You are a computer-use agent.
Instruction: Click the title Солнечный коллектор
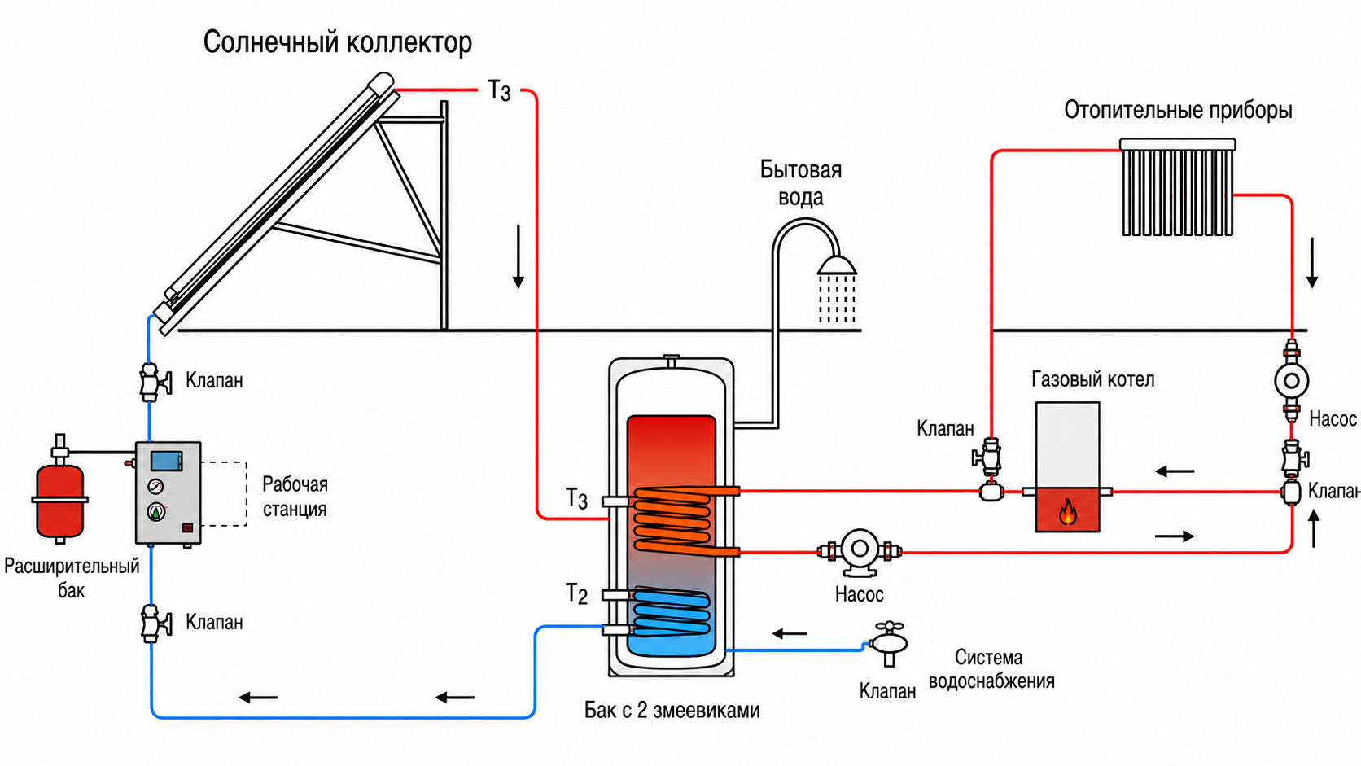(337, 43)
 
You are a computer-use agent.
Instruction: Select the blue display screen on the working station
(167, 461)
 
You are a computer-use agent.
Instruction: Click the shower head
(837, 265)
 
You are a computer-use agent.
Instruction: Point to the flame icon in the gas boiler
(1067, 511)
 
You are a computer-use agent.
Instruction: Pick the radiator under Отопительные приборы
(1178, 187)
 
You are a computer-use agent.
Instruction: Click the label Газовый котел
(1092, 379)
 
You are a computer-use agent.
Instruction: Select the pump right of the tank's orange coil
(859, 552)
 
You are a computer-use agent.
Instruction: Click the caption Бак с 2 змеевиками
(672, 710)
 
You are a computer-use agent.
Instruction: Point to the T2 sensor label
(576, 593)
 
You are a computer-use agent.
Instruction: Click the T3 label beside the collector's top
(500, 91)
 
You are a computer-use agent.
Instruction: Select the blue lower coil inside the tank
(671, 611)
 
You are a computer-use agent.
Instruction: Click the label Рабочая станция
(295, 497)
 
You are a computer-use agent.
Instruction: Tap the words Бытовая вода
(801, 183)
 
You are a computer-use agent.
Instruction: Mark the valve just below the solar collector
(154, 382)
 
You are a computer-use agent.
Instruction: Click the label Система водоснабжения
(991, 669)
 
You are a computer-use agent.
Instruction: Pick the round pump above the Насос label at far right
(1291, 381)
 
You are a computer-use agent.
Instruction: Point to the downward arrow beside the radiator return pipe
(1312, 262)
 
